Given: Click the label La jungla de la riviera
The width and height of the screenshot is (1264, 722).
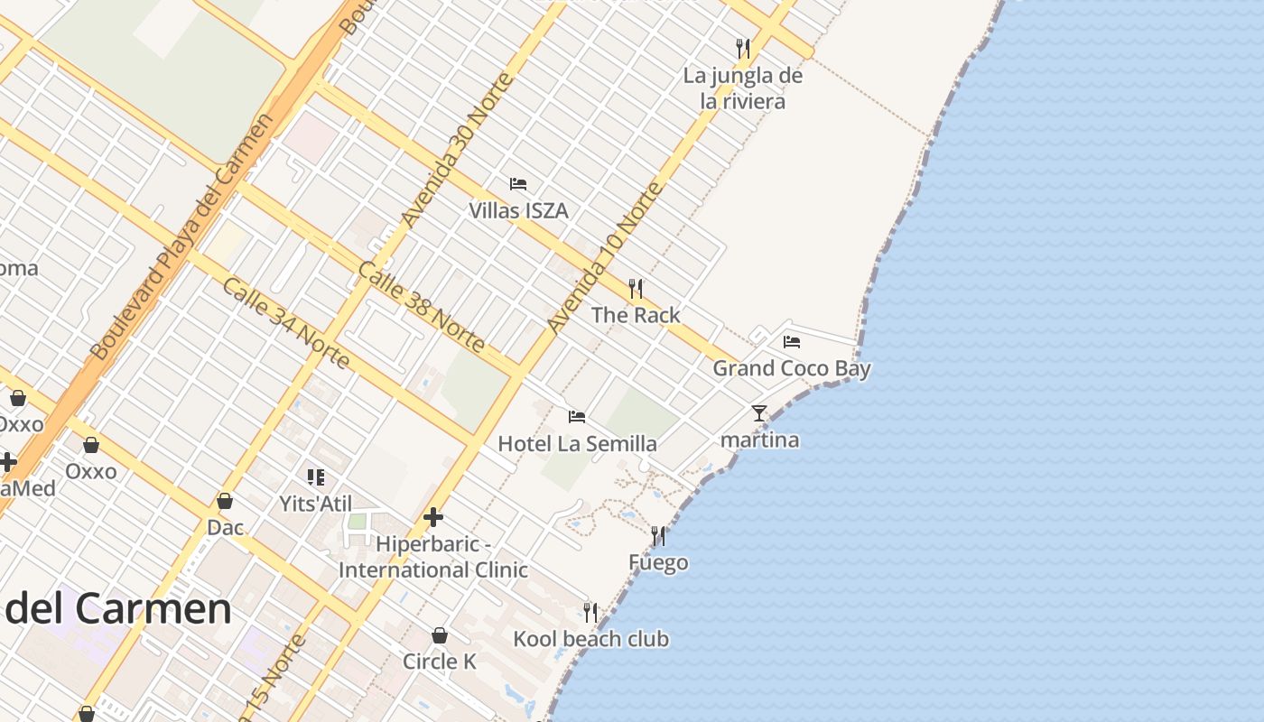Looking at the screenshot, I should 742,88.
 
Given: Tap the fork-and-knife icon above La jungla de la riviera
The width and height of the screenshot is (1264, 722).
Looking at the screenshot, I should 742,47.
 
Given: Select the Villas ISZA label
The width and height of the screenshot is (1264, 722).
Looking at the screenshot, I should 518,210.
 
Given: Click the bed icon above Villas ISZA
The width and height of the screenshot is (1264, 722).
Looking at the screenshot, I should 518,184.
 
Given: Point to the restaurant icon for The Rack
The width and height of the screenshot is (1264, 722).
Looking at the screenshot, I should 636,289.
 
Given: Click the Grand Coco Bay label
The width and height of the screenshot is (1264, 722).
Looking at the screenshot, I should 792,368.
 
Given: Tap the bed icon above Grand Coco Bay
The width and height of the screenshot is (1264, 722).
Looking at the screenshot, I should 792,342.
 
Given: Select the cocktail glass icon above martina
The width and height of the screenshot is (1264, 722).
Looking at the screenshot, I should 758,413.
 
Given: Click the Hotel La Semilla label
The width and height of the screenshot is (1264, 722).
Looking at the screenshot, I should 577,443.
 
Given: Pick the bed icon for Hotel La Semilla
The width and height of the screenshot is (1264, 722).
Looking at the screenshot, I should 577,417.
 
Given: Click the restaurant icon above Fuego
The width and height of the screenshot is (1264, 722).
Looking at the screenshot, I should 658,536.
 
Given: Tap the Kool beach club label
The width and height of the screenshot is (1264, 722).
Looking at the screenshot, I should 590,639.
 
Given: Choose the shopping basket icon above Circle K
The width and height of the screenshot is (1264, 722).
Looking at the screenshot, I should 440,635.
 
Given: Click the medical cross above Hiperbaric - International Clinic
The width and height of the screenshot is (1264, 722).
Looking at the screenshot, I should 433,517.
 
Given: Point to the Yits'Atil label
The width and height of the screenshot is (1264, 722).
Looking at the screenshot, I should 315,504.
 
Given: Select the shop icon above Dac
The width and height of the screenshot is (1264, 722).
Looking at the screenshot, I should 225,501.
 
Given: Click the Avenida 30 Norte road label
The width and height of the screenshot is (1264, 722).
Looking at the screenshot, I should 457,150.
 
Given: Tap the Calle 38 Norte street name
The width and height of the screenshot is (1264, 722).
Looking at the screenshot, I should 421,307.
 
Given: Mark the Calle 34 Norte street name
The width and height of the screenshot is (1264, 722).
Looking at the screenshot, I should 285,323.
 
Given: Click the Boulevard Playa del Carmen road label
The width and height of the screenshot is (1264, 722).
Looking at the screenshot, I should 181,236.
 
